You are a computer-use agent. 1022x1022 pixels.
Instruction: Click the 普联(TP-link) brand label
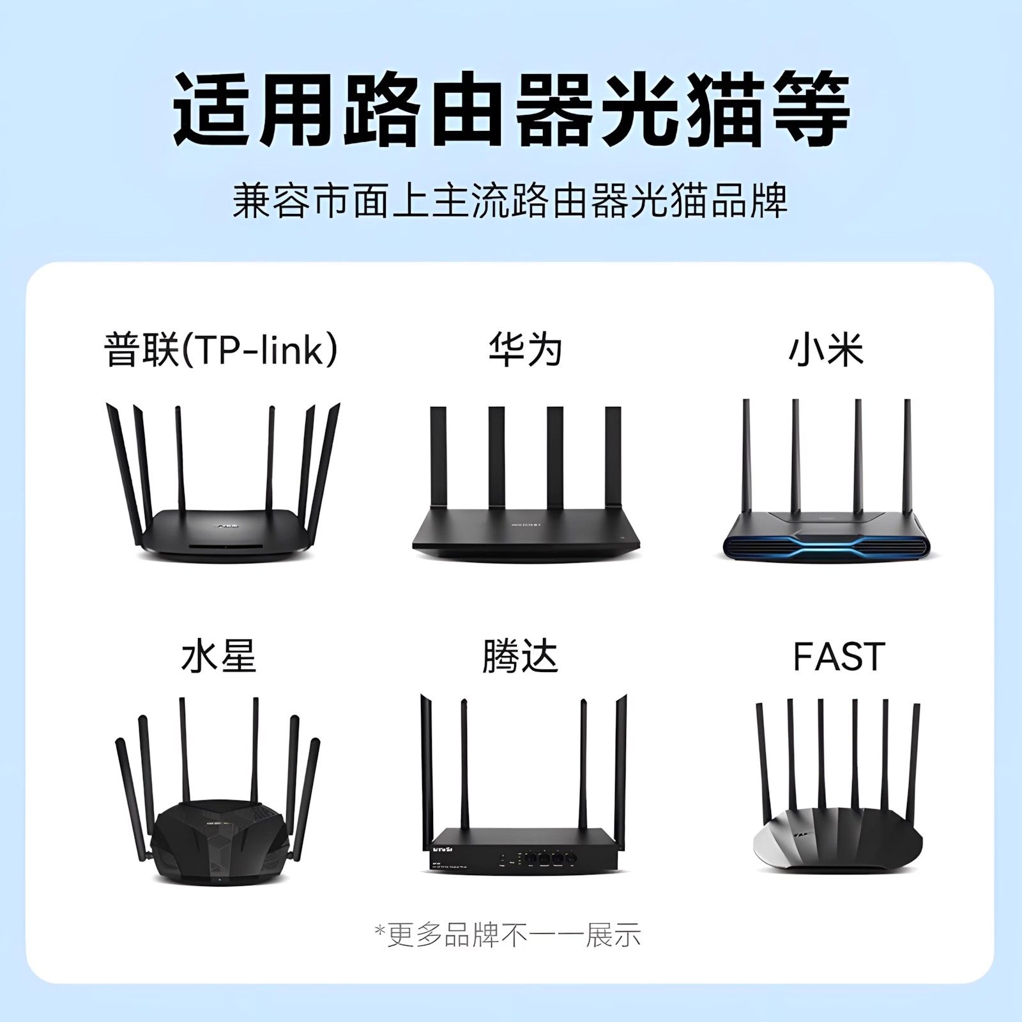pyautogui.click(x=220, y=350)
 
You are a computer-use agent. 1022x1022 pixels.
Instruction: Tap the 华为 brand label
pyautogui.click(x=524, y=350)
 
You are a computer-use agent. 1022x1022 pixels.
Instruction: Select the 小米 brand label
pyautogui.click(x=826, y=350)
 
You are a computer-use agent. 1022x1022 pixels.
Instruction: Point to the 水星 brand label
pyautogui.click(x=218, y=656)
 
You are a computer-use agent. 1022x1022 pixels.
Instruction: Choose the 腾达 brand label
pyautogui.click(x=520, y=656)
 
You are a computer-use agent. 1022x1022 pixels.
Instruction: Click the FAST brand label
pyautogui.click(x=839, y=656)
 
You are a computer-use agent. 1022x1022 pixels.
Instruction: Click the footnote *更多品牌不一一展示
pyautogui.click(x=507, y=936)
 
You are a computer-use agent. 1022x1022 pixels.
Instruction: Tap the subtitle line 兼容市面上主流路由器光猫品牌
pyautogui.click(x=510, y=201)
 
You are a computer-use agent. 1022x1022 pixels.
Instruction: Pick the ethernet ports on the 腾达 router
pyautogui.click(x=543, y=857)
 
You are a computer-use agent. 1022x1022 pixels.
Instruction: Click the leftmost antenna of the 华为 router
pyautogui.click(x=438, y=460)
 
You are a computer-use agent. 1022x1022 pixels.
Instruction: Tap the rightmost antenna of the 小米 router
pyautogui.click(x=907, y=460)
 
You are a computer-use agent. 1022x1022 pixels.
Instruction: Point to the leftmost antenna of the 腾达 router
pyautogui.click(x=427, y=766)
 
